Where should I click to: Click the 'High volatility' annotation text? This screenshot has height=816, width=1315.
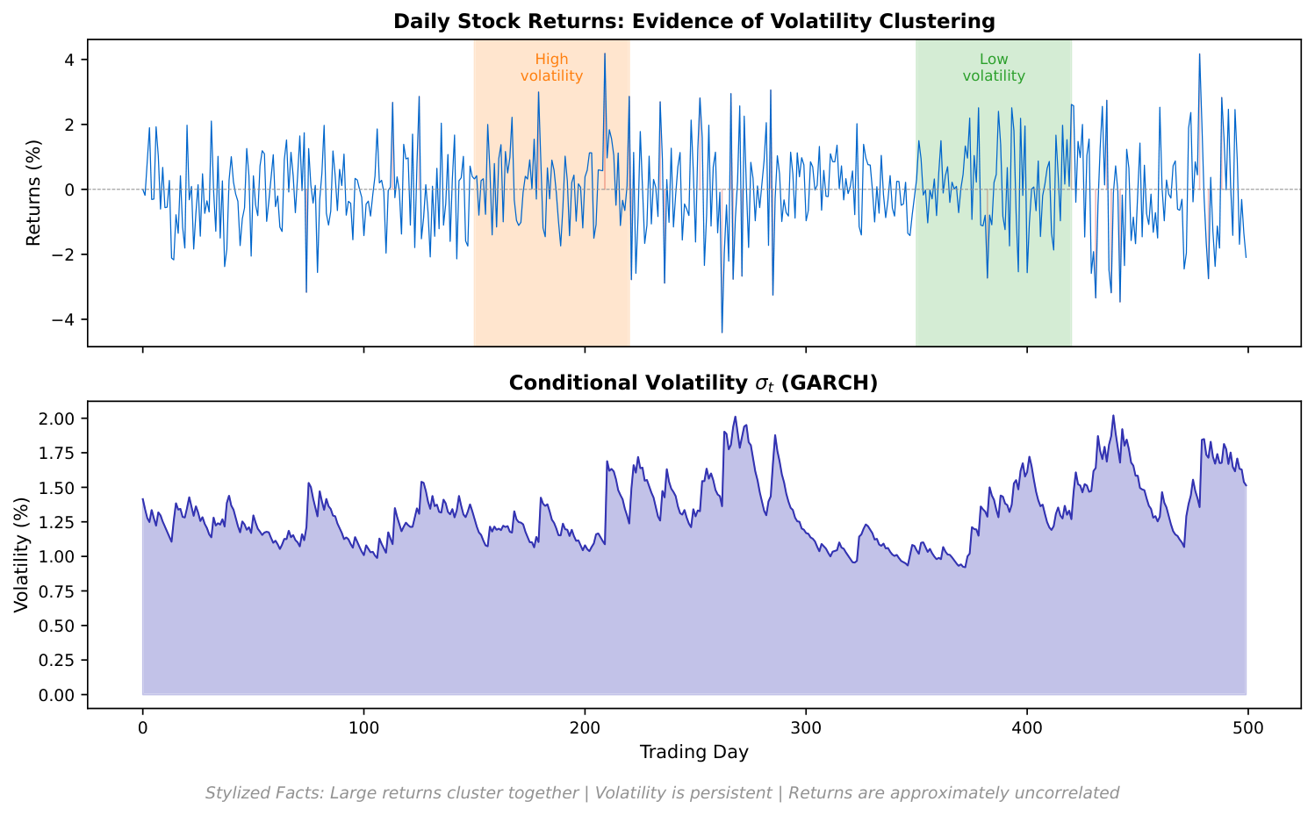pyautogui.click(x=551, y=68)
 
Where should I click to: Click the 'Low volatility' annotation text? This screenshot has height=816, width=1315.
pyautogui.click(x=993, y=68)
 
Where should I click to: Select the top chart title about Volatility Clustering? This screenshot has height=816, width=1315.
pyautogui.click(x=693, y=21)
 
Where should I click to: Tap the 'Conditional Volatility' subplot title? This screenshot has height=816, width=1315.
pyautogui.click(x=693, y=383)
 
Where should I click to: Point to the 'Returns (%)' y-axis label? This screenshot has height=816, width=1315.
pyautogui.click(x=33, y=192)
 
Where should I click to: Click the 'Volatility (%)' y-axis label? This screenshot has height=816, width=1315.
pyautogui.click(x=21, y=554)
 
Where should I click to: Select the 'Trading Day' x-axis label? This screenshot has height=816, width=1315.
pyautogui.click(x=693, y=752)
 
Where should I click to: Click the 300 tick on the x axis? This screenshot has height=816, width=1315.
pyautogui.click(x=805, y=727)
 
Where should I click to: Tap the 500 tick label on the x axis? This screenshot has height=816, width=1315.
pyautogui.click(x=1247, y=727)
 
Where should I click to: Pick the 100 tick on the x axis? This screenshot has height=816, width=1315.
pyautogui.click(x=363, y=727)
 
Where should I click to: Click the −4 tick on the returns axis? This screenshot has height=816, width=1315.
pyautogui.click(x=65, y=319)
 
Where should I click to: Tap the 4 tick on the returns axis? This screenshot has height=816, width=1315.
pyautogui.click(x=69, y=60)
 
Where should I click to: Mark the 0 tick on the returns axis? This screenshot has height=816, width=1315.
pyautogui.click(x=69, y=190)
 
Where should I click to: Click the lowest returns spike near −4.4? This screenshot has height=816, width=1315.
pyautogui.click(x=722, y=332)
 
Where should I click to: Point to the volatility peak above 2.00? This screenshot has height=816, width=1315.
pyautogui.click(x=1113, y=416)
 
